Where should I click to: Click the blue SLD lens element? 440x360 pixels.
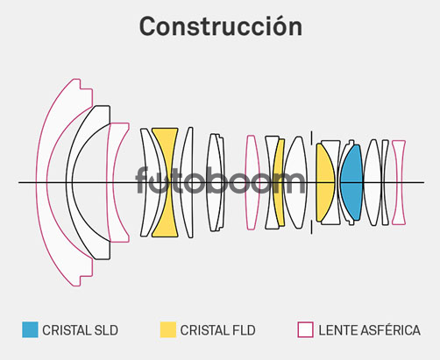(351, 182)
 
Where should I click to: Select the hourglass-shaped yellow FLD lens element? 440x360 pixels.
(165, 182)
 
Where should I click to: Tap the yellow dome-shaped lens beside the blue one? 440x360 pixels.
(325, 182)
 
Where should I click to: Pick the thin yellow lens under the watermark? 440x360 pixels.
(279, 182)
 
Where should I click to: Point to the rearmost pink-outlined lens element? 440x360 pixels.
(399, 182)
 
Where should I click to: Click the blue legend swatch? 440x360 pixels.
(30, 329)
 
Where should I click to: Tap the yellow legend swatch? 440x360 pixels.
(168, 329)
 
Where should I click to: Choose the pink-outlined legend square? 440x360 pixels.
(305, 329)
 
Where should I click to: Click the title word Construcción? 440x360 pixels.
(221, 26)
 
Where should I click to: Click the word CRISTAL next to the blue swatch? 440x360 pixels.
(67, 330)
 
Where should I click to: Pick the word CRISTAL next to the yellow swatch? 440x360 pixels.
(204, 330)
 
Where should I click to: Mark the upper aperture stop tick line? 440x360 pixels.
(311, 138)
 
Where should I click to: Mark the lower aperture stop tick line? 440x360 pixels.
(311, 227)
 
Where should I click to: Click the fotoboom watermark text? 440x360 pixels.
(220, 180)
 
